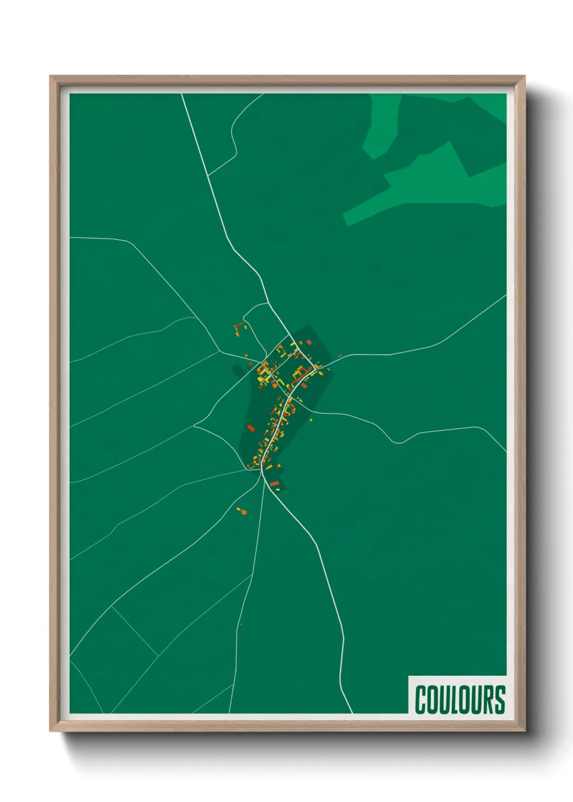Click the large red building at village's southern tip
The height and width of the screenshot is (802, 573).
[274, 483]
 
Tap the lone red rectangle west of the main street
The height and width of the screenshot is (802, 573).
[251, 428]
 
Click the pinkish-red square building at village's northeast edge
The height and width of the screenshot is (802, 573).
[309, 342]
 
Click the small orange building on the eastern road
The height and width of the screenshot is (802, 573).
[340, 356]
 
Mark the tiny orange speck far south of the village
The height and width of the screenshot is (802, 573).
[241, 625]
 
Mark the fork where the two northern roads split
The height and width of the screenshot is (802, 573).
[209, 176]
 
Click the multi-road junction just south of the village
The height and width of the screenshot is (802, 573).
[263, 471]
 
